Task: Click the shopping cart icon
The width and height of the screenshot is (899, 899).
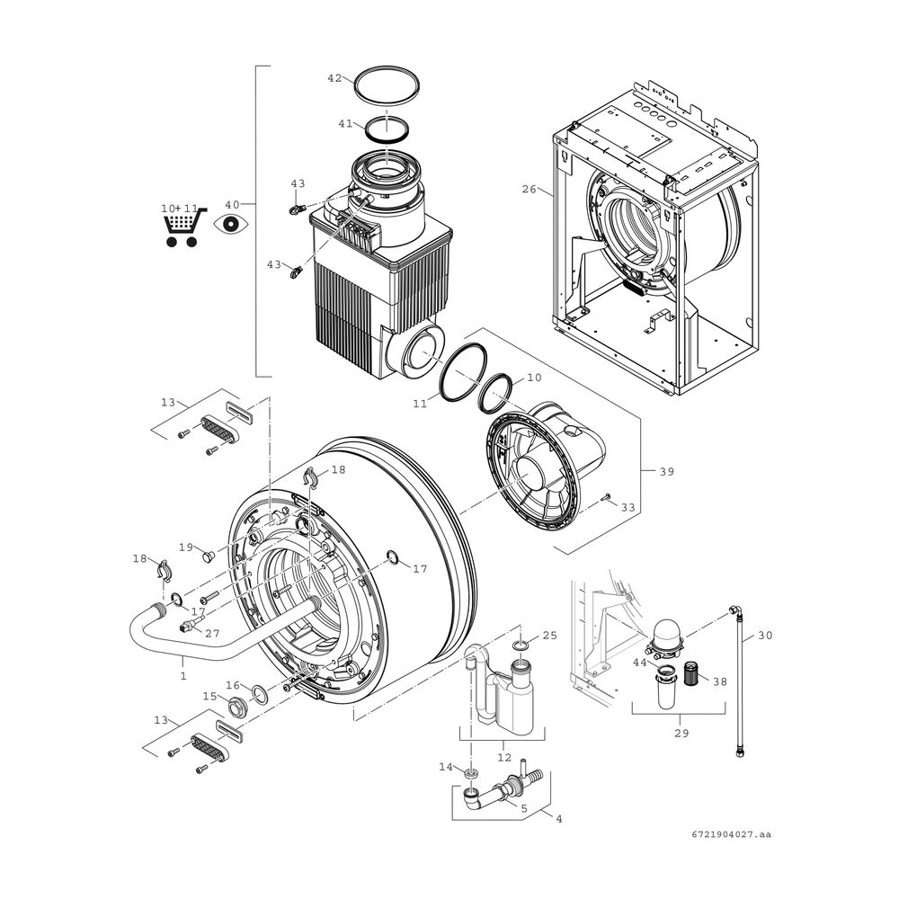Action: (x=183, y=227)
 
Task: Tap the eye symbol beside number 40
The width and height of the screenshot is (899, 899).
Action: (x=231, y=224)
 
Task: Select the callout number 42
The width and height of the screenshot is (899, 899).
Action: (x=334, y=78)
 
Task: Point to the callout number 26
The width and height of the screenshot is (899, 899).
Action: (x=529, y=189)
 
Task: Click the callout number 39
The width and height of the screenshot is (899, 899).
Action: (x=666, y=471)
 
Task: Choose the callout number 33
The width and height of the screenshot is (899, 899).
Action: (x=628, y=507)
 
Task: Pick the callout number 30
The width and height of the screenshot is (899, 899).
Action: (x=765, y=636)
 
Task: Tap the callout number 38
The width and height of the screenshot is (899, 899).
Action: (x=719, y=681)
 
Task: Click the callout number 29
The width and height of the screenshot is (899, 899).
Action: (x=681, y=733)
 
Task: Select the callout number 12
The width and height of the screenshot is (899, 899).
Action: (x=504, y=757)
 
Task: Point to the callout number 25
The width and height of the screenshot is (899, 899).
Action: (x=549, y=636)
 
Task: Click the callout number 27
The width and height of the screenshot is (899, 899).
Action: (x=212, y=634)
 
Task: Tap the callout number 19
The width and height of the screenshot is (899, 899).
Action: (x=186, y=547)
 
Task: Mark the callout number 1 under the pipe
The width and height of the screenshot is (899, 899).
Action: (x=182, y=677)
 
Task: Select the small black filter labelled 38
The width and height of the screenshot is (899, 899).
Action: (x=690, y=673)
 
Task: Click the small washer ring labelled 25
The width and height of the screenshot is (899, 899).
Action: (x=520, y=646)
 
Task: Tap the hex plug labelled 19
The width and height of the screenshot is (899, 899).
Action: (x=208, y=556)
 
